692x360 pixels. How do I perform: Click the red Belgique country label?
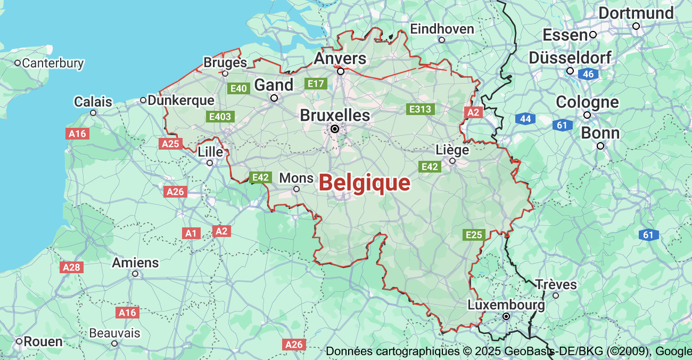[365, 183]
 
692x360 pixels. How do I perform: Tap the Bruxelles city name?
[335, 115]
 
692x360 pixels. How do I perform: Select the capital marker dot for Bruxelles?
[335, 129]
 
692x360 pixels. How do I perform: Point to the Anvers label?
[340, 58]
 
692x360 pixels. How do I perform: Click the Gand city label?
[274, 85]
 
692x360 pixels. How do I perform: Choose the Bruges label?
[225, 62]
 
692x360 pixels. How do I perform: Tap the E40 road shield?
[238, 88]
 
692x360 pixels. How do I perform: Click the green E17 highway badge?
[316, 84]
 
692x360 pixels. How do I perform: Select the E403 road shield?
[220, 116]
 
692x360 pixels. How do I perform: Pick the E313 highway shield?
[420, 109]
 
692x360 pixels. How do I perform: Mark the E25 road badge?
[473, 235]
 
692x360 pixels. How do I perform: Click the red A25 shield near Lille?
[170, 144]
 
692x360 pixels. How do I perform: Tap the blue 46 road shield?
[588, 74]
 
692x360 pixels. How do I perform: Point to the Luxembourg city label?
[506, 305]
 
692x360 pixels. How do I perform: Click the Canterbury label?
[53, 63]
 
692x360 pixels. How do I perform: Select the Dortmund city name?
[636, 13]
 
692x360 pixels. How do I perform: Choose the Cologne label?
[587, 102]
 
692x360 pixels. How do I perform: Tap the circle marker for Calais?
[93, 113]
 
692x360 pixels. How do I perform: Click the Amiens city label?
[135, 263]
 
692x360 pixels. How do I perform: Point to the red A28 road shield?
[72, 267]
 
